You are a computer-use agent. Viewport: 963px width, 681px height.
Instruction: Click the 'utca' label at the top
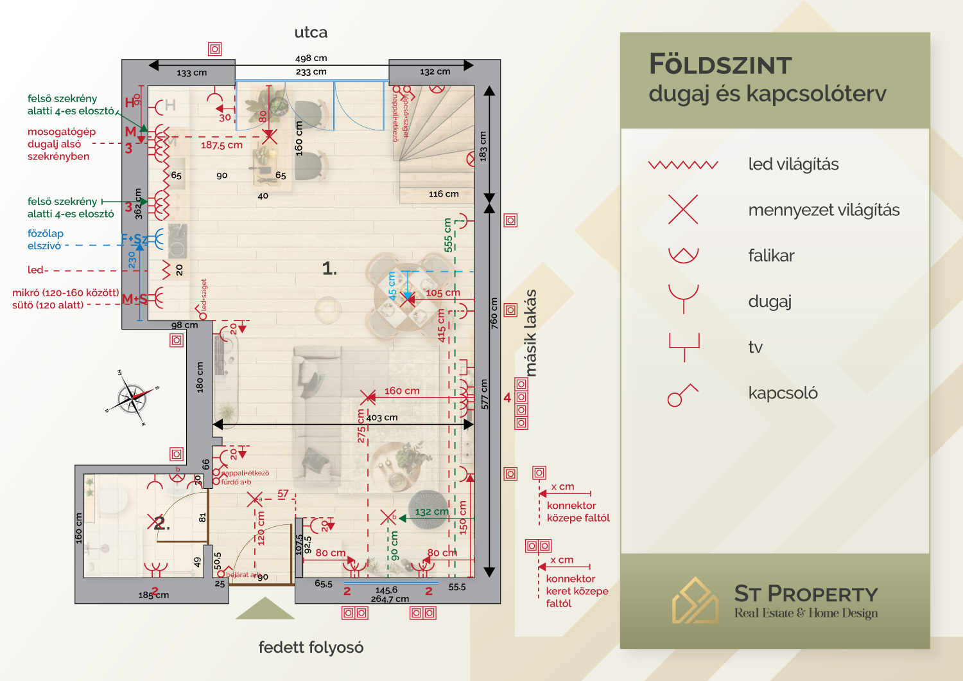point(311,32)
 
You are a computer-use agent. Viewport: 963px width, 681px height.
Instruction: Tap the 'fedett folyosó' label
point(311,647)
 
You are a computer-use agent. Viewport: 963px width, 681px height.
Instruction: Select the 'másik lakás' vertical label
point(531,333)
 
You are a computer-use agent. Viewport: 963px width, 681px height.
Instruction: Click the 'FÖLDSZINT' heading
point(720,65)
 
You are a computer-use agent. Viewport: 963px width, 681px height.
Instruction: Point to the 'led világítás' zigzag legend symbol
point(683,165)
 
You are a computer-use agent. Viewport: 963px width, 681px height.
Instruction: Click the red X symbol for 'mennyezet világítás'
point(683,209)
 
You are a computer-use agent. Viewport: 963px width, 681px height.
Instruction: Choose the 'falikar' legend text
point(771,256)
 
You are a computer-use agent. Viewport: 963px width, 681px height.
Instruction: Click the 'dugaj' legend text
point(770,301)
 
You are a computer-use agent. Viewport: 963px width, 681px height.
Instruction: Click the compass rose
point(133,398)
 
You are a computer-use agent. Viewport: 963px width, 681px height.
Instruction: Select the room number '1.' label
point(329,269)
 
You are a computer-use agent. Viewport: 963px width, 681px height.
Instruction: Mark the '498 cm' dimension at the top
point(311,58)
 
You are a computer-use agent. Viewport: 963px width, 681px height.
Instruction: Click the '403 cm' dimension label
point(382,418)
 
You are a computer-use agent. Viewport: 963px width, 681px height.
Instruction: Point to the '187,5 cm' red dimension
point(221,145)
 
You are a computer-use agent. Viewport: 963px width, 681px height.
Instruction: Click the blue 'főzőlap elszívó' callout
point(45,240)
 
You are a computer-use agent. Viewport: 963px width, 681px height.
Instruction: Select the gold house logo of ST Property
point(695,601)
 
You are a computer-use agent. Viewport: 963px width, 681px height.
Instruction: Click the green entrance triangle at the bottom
point(265,610)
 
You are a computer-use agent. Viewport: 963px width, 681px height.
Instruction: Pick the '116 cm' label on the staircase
point(444,193)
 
